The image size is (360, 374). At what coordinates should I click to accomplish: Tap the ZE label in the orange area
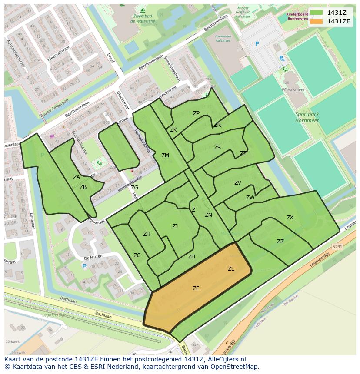pos(196,288)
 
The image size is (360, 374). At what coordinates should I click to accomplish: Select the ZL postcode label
pos(231,269)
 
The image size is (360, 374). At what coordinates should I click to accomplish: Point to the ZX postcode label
pos(290,218)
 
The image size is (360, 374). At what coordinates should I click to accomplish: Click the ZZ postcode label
pos(280,242)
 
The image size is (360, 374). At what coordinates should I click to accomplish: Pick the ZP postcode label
pos(196,113)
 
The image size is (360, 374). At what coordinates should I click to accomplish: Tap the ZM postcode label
pos(165,156)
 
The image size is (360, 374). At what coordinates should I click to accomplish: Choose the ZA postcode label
pos(77,177)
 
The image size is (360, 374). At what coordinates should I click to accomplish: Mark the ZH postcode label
pos(147,234)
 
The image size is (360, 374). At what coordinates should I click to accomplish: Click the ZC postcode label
pos(137,255)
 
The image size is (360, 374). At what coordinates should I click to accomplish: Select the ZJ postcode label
pos(175,226)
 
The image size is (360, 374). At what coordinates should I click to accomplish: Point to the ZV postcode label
pos(238,183)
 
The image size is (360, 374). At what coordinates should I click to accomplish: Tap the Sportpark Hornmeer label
pos(307,117)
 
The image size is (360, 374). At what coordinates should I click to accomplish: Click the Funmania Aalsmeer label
pos(223,39)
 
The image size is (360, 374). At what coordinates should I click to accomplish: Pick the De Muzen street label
pos(93,257)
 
